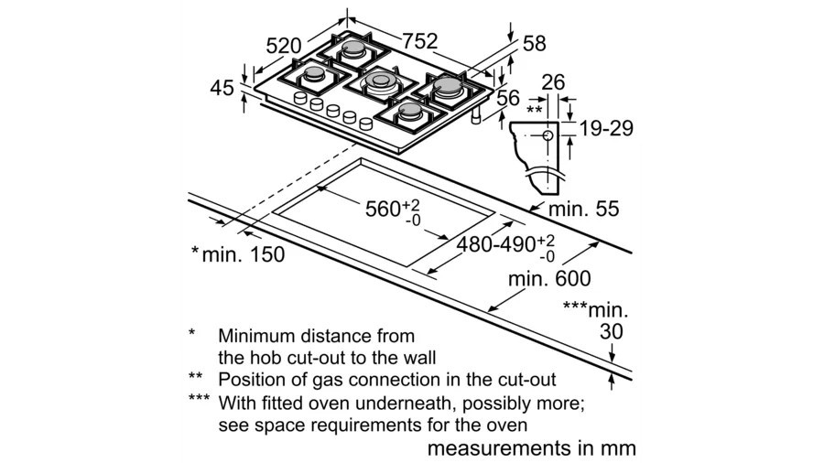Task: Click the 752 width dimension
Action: coord(420,41)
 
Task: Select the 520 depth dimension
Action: coord(283,46)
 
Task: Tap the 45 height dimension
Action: coord(222,88)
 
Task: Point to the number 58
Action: coord(535,44)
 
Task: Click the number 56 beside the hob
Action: coord(507,98)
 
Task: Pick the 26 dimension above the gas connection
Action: coord(553,82)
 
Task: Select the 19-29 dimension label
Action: coord(606,128)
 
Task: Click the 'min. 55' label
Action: coord(584,209)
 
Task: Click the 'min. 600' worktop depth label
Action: coord(549,278)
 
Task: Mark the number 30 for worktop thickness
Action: coord(612,331)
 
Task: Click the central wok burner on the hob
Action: coord(381,81)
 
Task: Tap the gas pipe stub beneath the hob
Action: coord(477,116)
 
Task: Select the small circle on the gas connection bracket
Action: coord(548,135)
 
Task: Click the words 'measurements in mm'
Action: coord(531,448)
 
